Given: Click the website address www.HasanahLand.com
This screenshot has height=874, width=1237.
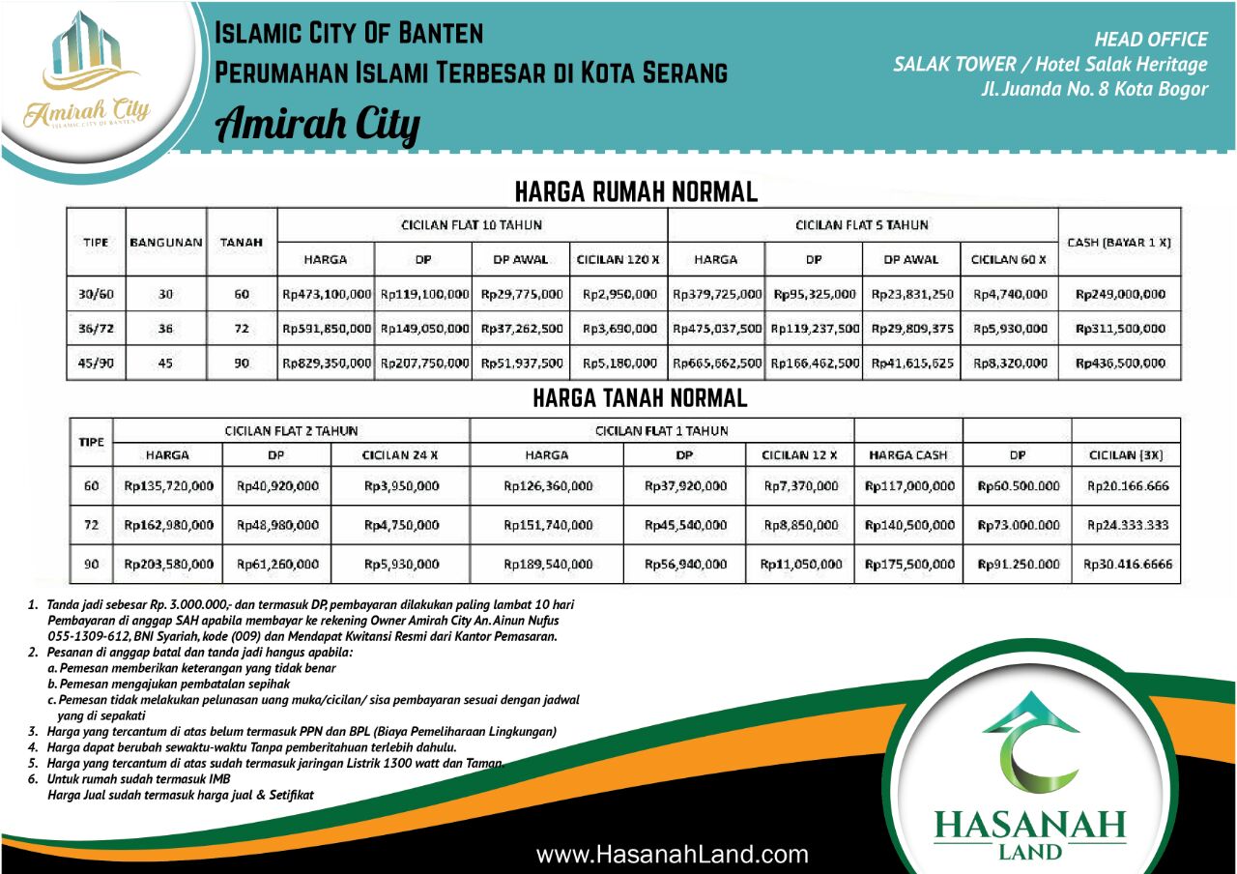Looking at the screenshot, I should (x=672, y=854).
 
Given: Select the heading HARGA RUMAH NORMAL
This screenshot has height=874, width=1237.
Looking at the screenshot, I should (x=636, y=191).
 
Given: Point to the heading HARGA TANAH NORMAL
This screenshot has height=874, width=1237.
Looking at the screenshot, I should (x=640, y=397).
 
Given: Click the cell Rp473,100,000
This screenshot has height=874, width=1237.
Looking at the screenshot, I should (x=327, y=294).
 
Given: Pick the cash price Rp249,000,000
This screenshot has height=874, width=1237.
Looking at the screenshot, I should (x=1120, y=294).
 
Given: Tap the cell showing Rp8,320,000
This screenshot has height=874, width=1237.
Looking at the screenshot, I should (x=1009, y=364).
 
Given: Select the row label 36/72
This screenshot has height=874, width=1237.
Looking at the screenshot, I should (x=96, y=329).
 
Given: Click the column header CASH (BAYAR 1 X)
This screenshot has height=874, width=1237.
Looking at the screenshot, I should (x=1119, y=242).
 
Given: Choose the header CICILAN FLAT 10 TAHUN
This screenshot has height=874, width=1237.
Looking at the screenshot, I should (x=472, y=225).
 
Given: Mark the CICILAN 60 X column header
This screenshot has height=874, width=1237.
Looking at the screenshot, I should (x=1008, y=259).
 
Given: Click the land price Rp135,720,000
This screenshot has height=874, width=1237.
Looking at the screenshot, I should (x=169, y=486).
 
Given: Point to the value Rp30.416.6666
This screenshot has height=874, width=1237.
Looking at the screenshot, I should (x=1128, y=564).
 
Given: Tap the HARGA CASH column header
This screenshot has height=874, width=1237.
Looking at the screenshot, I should (x=908, y=454).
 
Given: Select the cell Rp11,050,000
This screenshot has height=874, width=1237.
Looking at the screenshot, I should (x=800, y=564).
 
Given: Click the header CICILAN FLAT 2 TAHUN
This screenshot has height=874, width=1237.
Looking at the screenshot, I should (x=291, y=430).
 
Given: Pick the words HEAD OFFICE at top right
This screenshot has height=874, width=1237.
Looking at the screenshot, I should (x=1150, y=40).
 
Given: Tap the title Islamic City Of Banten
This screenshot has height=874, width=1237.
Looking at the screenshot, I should (x=348, y=34).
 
